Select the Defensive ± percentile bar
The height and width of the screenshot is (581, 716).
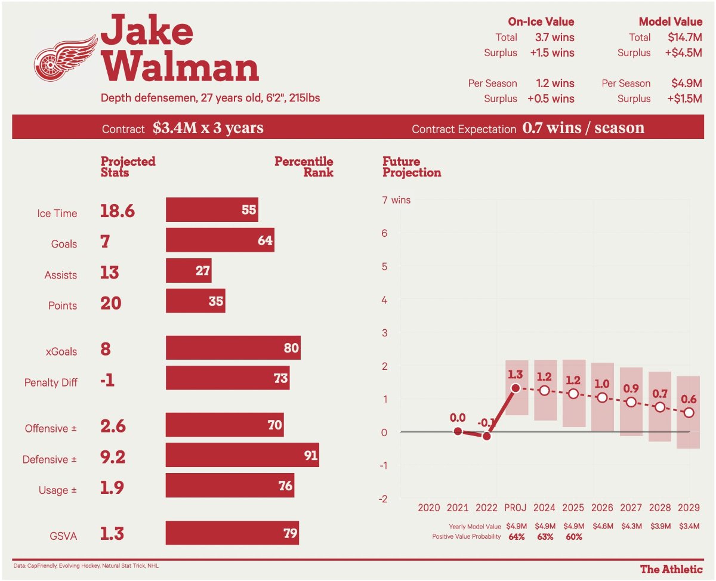pos(242,455)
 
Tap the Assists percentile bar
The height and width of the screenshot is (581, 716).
pos(189,270)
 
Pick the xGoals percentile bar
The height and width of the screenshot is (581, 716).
pos(233,347)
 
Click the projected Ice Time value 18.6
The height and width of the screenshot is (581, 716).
pos(118,212)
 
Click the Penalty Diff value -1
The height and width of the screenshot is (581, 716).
pos(107,381)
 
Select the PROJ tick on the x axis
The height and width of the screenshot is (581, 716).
pos(516,508)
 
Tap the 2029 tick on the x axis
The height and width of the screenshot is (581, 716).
pos(689,508)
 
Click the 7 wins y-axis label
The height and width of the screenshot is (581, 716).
pos(396,200)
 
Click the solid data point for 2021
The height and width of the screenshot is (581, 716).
pos(458,431)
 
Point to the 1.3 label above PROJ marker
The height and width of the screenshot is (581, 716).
pos(515,375)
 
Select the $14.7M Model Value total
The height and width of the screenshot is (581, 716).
pos(684,37)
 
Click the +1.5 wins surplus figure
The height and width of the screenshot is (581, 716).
pos(552,52)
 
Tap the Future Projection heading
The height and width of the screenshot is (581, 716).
pos(412,167)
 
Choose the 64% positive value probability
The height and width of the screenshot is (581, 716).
pos(516,537)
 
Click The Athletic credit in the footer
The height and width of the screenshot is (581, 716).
pos(671,569)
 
